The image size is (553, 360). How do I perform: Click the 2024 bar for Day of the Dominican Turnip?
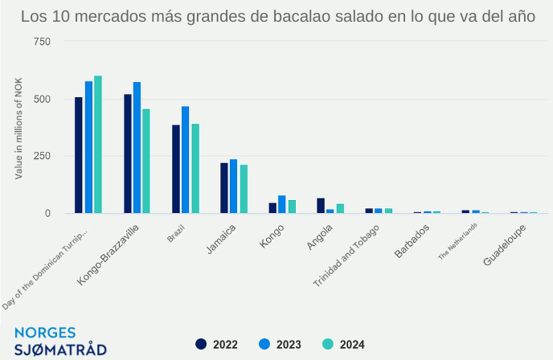click(98, 145)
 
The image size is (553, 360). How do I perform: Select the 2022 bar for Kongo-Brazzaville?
click(128, 153)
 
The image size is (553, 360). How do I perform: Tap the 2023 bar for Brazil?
click(186, 160)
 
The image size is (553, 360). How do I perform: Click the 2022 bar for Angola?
click(321, 206)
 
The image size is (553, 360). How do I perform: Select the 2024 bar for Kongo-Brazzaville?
click(146, 162)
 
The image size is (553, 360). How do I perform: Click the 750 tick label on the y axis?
click(41, 42)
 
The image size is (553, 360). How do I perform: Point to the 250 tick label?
click(41, 157)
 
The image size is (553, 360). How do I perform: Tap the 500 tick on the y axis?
click(41, 100)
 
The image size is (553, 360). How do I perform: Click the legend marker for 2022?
click(202, 344)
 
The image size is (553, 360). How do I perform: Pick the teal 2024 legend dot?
click(328, 344)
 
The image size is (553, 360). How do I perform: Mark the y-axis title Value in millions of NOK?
click(18, 133)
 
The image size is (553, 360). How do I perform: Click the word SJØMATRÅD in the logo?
click(60, 350)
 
